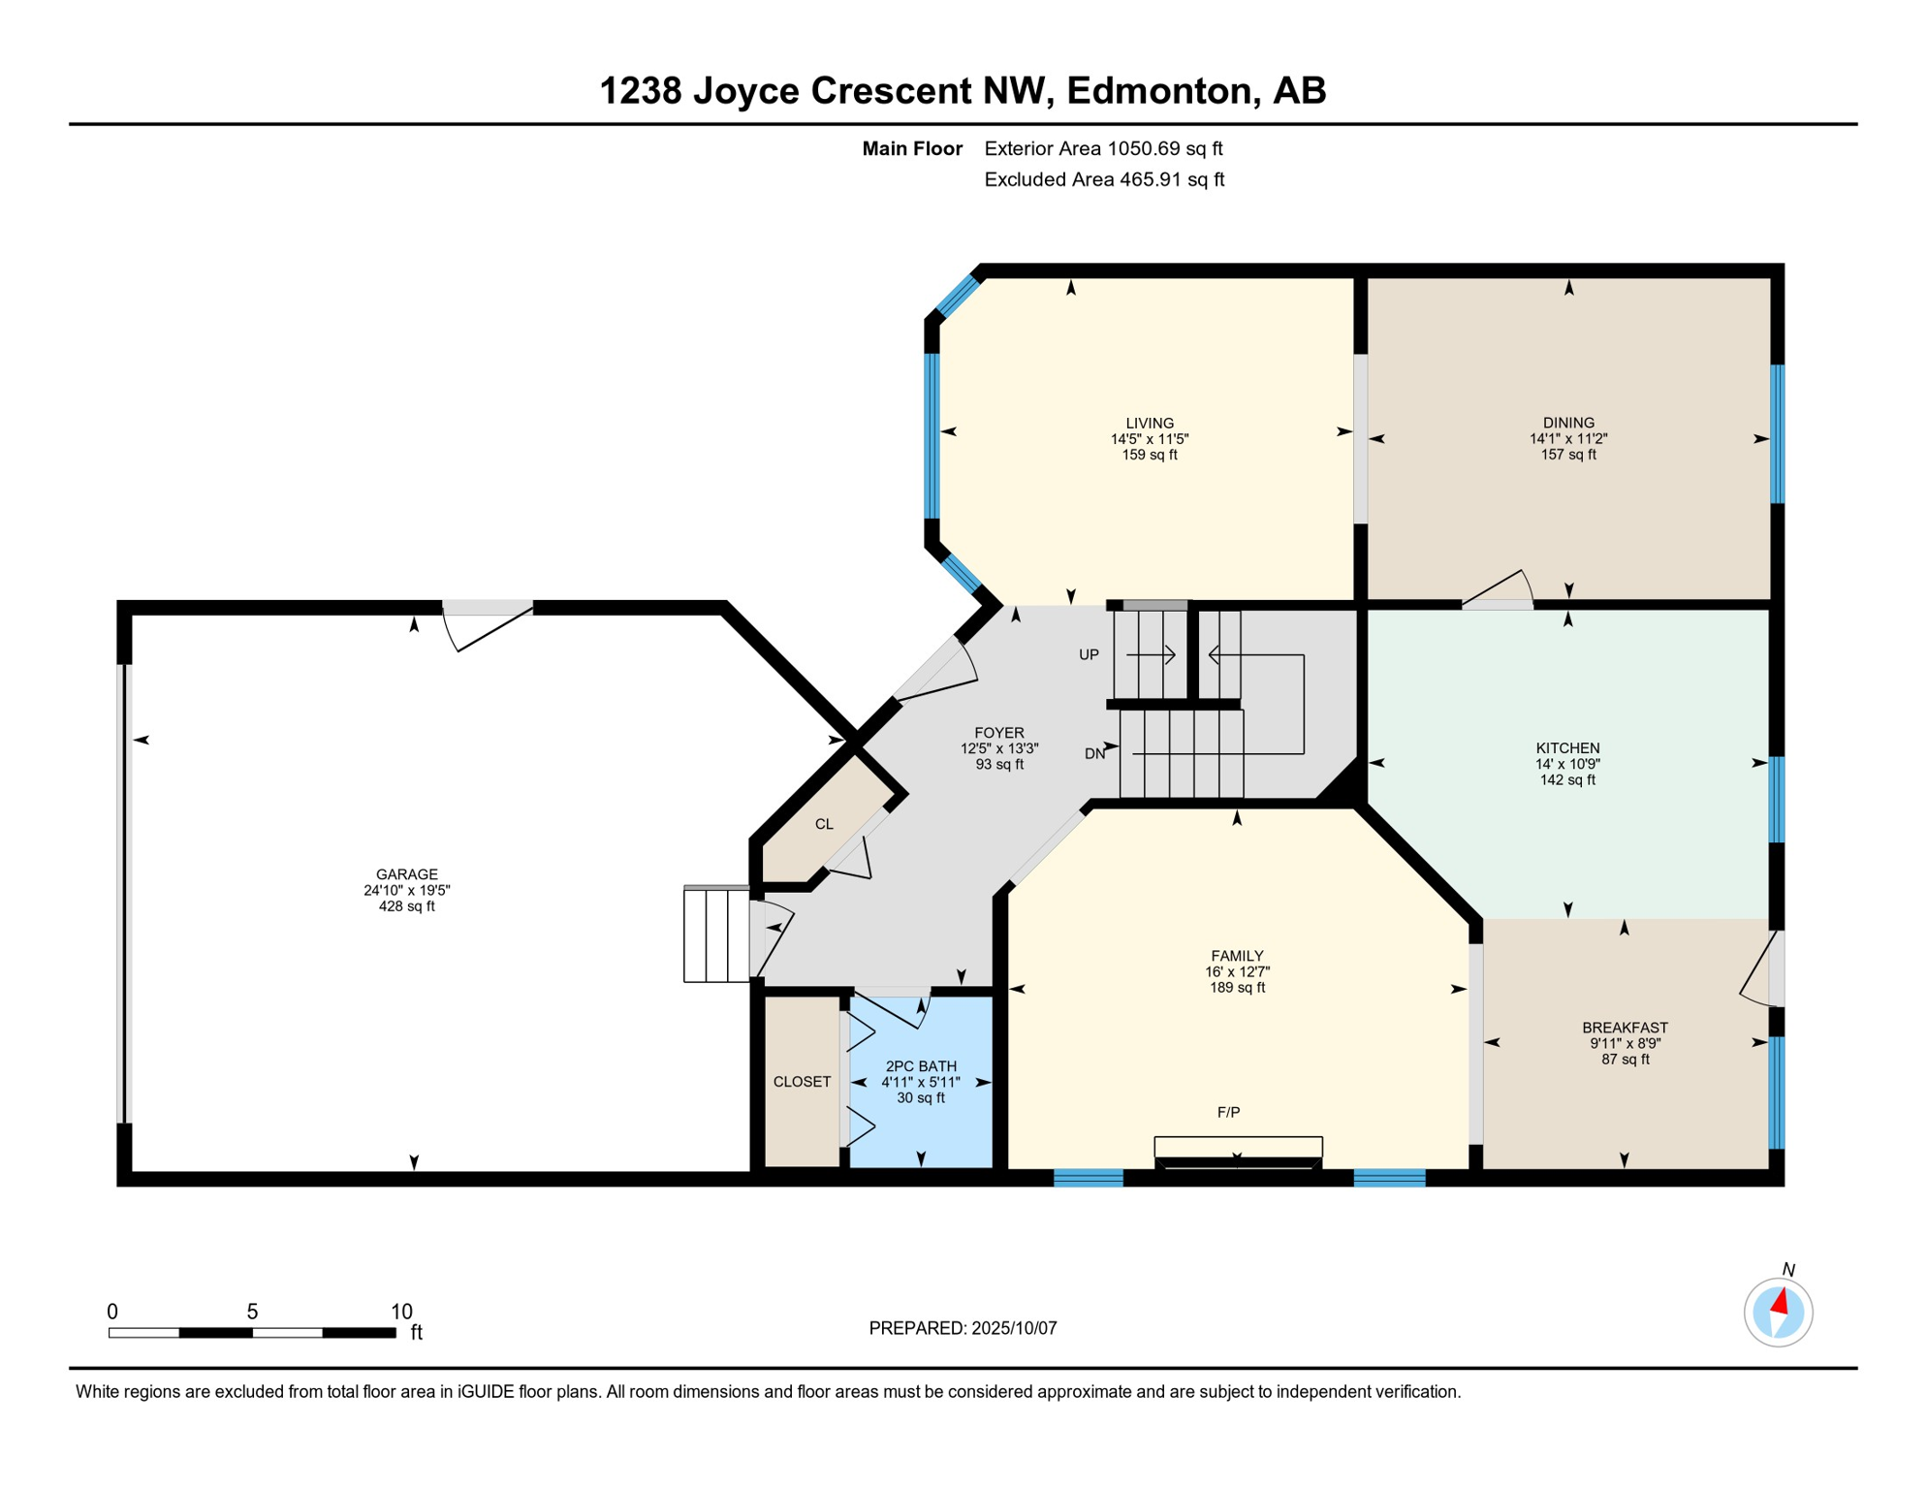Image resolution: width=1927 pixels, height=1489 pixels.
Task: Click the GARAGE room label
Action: (407, 874)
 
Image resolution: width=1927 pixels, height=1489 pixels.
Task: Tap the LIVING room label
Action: (1150, 424)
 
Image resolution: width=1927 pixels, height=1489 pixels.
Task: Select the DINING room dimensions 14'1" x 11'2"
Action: (1568, 439)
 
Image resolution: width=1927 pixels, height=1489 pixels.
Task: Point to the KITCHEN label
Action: (1567, 748)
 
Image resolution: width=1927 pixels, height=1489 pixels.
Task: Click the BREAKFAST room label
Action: (1625, 1028)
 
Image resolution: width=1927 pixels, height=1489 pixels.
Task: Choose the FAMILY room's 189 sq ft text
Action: (1237, 988)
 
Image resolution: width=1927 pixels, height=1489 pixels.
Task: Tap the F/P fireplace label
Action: (1228, 1113)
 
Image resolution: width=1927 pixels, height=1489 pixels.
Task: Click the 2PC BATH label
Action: (921, 1066)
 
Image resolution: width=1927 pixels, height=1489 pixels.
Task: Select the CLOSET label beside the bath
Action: (802, 1082)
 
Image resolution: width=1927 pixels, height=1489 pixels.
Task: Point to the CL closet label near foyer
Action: (824, 824)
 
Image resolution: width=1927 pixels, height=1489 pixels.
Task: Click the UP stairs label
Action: (1089, 655)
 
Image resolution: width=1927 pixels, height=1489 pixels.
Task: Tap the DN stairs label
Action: (1094, 754)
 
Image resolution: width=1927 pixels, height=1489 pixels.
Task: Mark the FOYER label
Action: (999, 733)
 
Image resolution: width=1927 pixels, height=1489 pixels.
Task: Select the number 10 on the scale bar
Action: (401, 1312)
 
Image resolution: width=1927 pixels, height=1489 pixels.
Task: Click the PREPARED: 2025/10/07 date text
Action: (963, 1328)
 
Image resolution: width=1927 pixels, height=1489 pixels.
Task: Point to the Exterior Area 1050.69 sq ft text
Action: (1103, 149)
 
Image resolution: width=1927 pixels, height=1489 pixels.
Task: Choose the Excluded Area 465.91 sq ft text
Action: (1104, 180)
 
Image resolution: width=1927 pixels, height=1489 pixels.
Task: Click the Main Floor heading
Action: (912, 149)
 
